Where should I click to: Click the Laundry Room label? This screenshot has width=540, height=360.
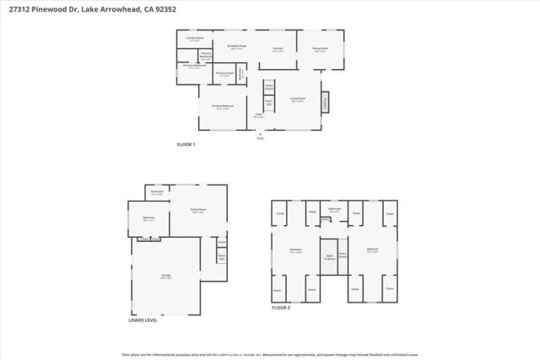(x=194, y=39)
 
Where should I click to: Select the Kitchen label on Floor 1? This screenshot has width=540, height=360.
(x=277, y=49)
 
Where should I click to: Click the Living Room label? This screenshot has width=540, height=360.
(x=298, y=99)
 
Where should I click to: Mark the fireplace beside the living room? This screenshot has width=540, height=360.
(x=325, y=102)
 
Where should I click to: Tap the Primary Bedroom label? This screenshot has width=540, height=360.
(x=222, y=106)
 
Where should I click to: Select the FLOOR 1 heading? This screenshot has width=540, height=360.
(x=186, y=145)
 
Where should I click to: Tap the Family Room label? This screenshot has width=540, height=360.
(x=198, y=210)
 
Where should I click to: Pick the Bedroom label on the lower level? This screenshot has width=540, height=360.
(x=148, y=218)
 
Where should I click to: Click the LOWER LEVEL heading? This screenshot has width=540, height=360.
(x=143, y=320)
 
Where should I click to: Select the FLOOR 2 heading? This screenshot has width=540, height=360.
(x=281, y=309)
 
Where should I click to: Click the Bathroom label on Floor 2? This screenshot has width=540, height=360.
(x=334, y=209)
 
